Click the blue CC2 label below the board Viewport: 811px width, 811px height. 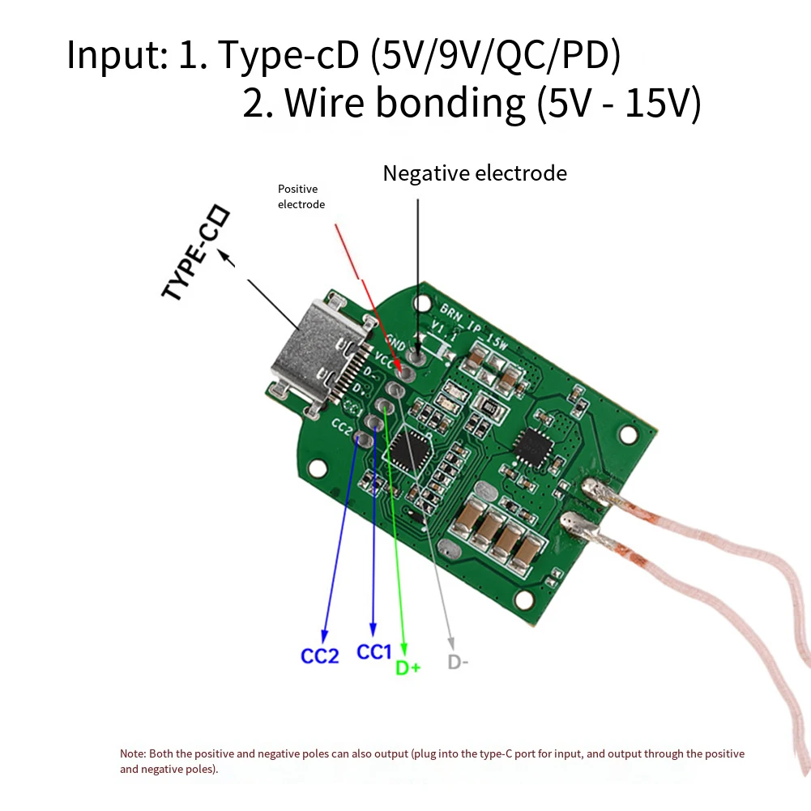(320, 655)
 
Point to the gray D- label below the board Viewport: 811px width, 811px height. (458, 662)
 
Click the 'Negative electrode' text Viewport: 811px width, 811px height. (475, 173)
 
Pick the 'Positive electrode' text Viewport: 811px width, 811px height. (301, 197)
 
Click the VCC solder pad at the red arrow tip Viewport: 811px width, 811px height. (407, 373)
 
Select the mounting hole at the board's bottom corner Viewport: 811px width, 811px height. (526, 600)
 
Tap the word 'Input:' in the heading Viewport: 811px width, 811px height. (117, 56)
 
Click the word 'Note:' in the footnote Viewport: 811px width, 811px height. (133, 753)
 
